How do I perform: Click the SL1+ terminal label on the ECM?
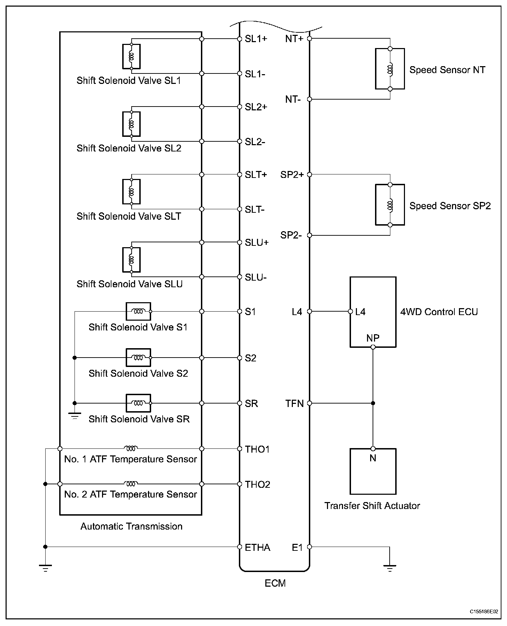256,39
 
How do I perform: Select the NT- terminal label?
293,100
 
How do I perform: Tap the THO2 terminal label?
257,484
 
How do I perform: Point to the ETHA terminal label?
257,547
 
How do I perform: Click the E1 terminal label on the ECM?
297,547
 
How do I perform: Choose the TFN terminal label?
295,404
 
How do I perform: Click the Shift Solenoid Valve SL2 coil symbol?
131,124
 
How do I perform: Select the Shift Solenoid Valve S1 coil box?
138,311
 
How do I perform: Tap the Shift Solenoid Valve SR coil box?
138,403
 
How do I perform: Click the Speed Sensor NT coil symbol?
390,69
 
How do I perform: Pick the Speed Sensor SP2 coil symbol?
390,205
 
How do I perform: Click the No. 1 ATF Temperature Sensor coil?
131,448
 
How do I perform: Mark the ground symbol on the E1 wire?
390,569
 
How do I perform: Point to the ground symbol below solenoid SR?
75,415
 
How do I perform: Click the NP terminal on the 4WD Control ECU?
373,347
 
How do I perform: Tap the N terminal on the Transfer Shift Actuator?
373,449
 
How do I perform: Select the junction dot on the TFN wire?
373,403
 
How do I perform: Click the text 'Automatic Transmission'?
131,526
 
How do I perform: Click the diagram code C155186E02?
484,611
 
